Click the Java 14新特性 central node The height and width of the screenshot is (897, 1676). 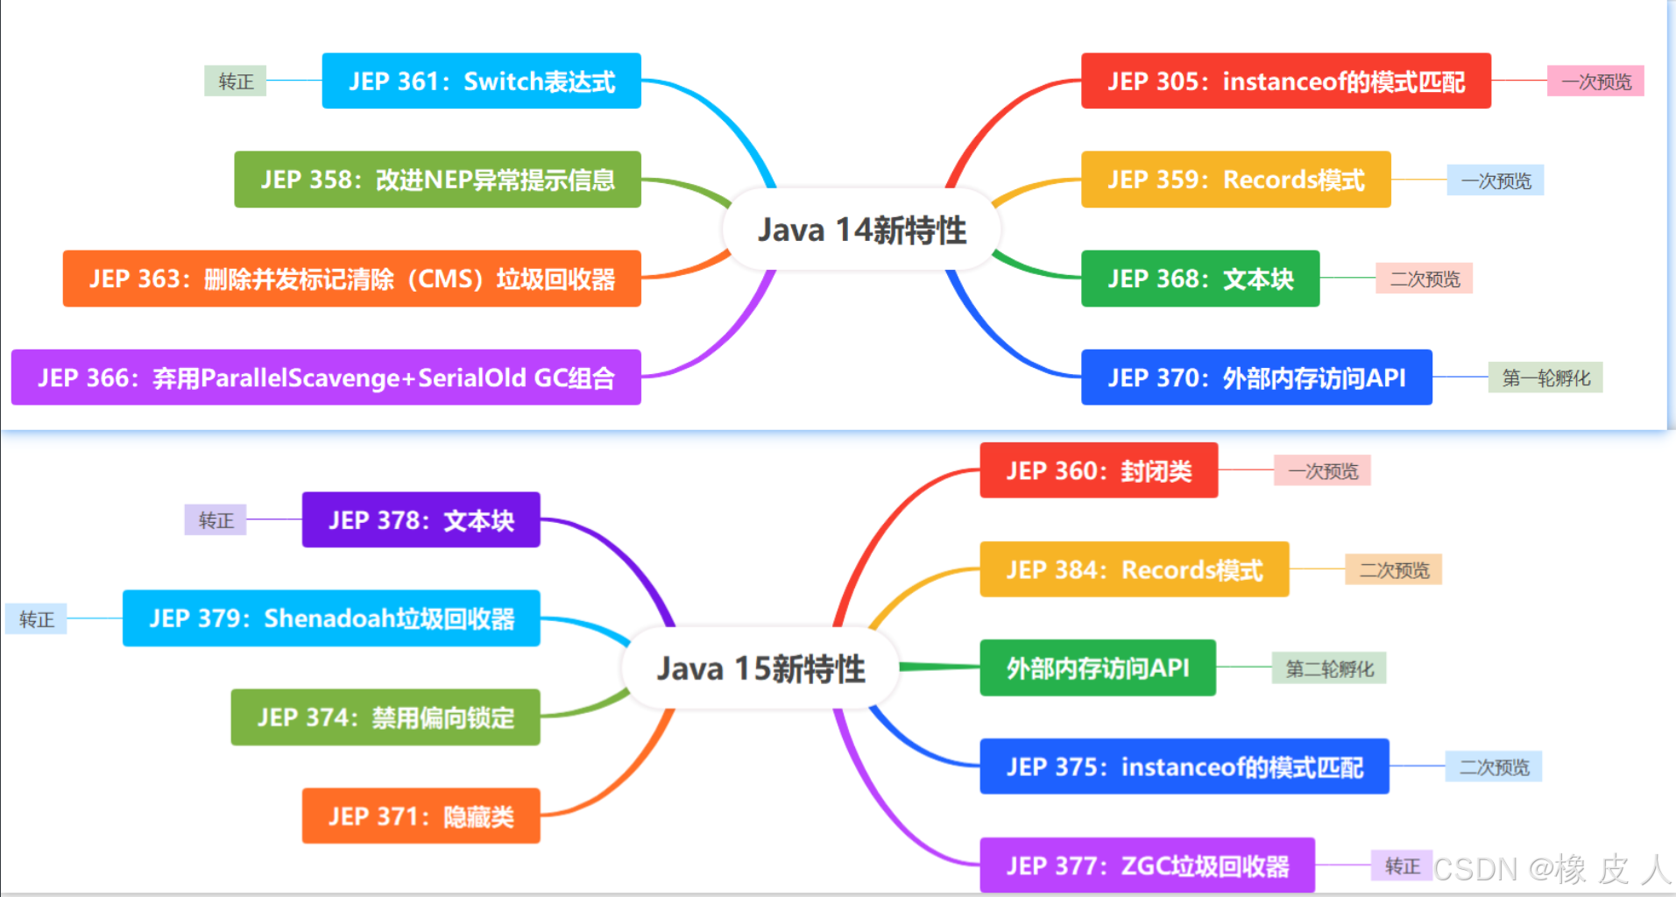click(x=861, y=230)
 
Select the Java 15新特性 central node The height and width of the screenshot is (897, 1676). click(x=760, y=668)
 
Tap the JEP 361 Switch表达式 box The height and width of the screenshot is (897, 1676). click(x=481, y=81)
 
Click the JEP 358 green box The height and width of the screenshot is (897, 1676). click(x=437, y=180)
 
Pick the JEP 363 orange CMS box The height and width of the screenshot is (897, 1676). click(x=351, y=279)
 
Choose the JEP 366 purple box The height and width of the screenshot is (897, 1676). click(x=326, y=378)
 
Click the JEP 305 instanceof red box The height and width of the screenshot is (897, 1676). click(x=1285, y=81)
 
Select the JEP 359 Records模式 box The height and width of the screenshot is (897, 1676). click(x=1235, y=180)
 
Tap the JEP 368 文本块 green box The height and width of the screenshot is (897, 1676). click(x=1199, y=279)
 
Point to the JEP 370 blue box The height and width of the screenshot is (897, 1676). click(x=1256, y=378)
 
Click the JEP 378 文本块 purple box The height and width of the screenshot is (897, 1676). click(x=421, y=519)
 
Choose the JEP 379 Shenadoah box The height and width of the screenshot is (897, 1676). click(x=331, y=618)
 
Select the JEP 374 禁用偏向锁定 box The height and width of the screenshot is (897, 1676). click(x=385, y=717)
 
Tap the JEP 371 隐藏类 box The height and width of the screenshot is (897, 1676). click(x=421, y=816)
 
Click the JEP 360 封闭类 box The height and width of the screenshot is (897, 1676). click(x=1099, y=470)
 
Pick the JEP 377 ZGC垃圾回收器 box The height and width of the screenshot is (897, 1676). click(x=1147, y=865)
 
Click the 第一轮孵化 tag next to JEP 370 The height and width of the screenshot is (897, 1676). click(x=1545, y=378)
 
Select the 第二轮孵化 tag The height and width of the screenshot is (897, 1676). click(x=1329, y=668)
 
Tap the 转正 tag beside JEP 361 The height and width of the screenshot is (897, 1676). click(x=236, y=81)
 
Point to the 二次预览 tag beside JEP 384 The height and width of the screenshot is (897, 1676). click(x=1394, y=569)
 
